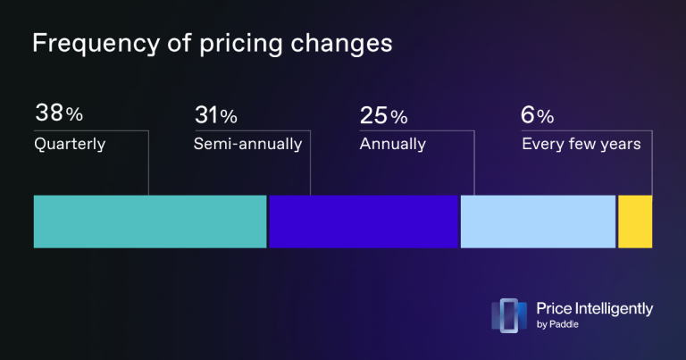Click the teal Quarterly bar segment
(150, 221)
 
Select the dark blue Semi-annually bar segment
(364, 221)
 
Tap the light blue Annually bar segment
(538, 221)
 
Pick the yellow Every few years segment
(635, 221)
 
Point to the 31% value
(215, 115)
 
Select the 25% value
(382, 115)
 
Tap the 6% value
(537, 115)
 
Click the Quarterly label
(70, 144)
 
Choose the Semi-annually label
(247, 144)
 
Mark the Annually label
(392, 144)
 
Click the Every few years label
(581, 143)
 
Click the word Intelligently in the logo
(612, 308)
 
